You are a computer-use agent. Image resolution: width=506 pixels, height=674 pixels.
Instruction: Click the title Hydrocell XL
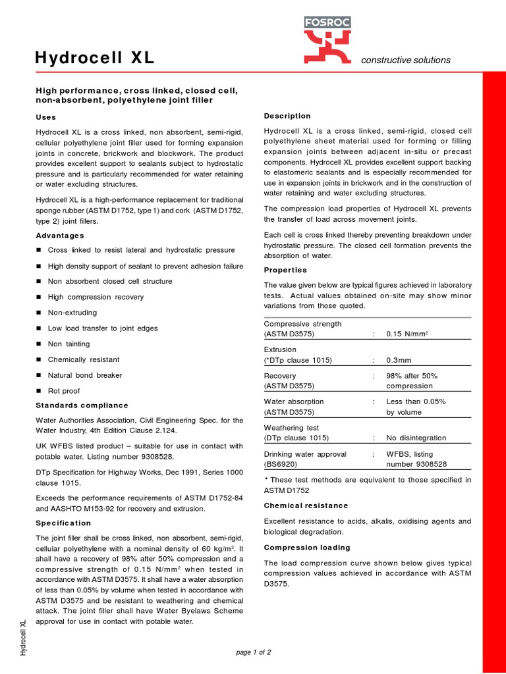pos(95,59)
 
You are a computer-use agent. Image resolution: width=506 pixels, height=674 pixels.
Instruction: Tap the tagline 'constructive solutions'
pos(406,60)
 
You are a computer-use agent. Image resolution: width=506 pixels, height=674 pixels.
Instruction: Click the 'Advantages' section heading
pos(59,235)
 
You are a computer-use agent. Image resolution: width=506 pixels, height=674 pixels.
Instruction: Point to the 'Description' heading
pos(287,116)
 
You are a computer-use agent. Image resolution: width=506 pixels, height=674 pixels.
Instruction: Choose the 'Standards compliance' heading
pos(82,405)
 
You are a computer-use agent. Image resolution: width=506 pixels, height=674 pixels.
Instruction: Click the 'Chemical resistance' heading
pos(306,505)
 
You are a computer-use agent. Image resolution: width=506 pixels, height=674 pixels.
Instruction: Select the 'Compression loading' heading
pos(307,548)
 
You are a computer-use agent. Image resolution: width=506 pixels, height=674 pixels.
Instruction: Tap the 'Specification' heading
pos(63,523)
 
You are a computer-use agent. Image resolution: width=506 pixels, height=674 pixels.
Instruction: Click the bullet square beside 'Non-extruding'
pos(39,313)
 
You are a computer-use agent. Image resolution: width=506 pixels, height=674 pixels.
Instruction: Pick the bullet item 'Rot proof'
pos(64,391)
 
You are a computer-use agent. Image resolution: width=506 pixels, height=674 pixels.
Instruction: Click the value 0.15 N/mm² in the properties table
pos(407,334)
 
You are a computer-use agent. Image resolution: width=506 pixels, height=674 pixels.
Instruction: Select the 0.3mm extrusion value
pos(399,360)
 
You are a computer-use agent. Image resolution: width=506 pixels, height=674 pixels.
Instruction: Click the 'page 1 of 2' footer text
pos(253,652)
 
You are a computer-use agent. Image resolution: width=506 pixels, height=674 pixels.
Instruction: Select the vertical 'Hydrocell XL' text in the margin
pos(23,637)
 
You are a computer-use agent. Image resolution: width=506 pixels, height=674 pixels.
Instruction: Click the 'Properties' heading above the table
pos(285,270)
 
